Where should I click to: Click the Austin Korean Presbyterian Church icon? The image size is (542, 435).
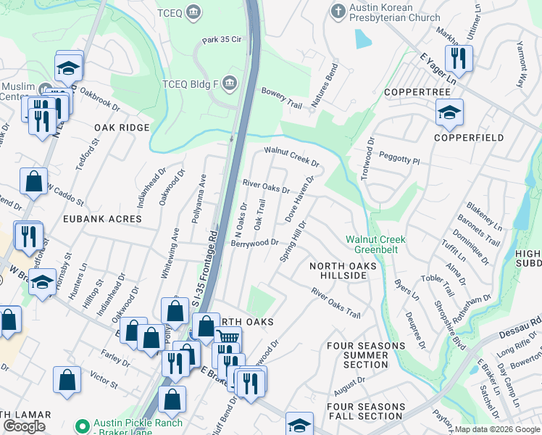coord(336,12)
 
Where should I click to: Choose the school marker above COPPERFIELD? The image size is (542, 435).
coord(449,112)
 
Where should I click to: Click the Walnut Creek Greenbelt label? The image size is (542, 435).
coord(375,244)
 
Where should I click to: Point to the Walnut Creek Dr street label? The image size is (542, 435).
coord(291,156)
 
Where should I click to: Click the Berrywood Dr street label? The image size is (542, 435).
coord(254,243)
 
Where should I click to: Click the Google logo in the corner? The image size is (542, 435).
coord(24,426)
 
